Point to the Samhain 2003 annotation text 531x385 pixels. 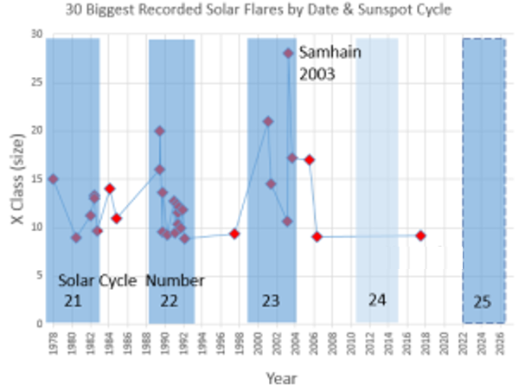click(x=331, y=62)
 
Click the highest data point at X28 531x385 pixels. click(x=288, y=54)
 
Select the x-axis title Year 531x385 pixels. click(x=281, y=377)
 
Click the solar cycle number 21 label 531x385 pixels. click(x=73, y=301)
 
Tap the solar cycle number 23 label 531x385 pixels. click(x=271, y=301)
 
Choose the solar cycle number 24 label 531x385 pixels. click(x=377, y=300)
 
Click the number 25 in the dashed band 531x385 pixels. click(x=483, y=301)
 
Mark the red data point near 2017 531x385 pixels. click(x=420, y=235)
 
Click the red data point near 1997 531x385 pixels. click(x=234, y=234)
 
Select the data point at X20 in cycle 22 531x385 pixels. click(x=160, y=131)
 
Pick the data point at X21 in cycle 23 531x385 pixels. click(x=268, y=121)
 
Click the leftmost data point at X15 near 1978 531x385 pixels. click(x=54, y=179)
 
